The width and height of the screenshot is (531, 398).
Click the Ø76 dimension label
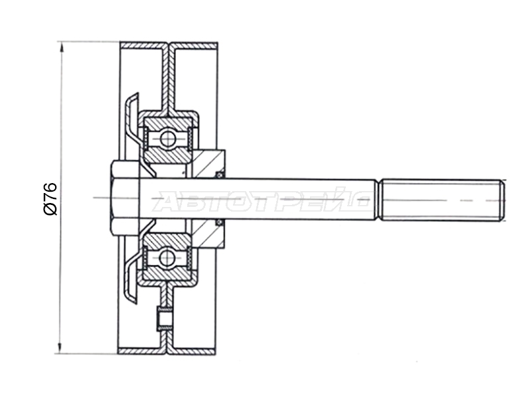[50, 199]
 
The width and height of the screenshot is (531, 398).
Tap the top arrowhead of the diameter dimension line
[61, 46]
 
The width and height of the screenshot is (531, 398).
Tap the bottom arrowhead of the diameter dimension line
[60, 348]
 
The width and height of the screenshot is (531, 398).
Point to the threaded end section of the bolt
[442, 200]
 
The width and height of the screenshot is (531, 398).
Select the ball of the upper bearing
[168, 139]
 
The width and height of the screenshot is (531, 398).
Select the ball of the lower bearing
[167, 257]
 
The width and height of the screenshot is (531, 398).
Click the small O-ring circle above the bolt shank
[220, 174]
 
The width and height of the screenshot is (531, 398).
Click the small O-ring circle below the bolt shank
[220, 222]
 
